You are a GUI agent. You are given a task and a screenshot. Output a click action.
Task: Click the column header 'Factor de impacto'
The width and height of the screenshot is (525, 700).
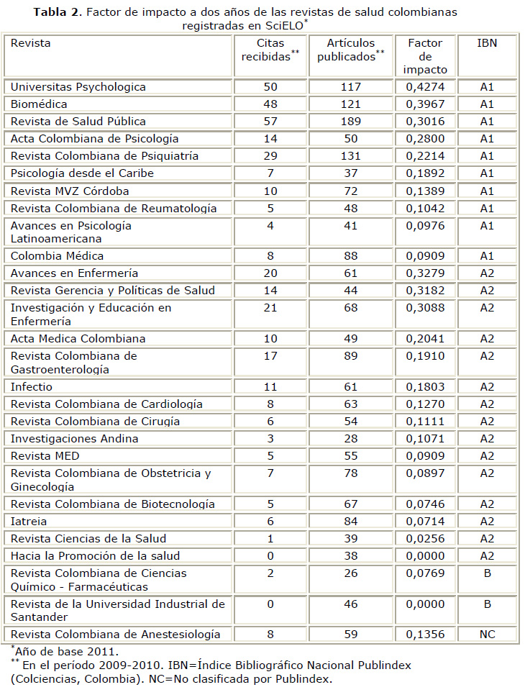tap(425, 56)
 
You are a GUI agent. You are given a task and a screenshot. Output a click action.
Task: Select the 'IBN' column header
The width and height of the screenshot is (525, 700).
tap(487, 43)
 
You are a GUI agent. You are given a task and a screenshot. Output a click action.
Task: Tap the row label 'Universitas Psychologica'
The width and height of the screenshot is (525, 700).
tap(78, 87)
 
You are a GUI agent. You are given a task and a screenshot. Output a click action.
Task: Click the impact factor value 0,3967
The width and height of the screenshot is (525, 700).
tap(425, 104)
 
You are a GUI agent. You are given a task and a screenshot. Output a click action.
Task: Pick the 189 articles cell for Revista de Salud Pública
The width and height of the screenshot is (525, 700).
tap(350, 122)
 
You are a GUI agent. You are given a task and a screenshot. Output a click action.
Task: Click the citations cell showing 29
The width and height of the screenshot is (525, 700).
tap(270, 156)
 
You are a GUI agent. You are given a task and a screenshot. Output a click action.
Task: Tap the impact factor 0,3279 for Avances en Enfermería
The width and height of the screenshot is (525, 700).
tap(425, 273)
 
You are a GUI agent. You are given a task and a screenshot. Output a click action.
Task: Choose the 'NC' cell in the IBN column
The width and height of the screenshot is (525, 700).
tap(487, 635)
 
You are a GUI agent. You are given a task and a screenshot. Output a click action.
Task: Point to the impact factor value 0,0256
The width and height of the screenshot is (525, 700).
tap(425, 539)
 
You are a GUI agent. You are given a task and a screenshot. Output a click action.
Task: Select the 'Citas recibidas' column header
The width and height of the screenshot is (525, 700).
tap(270, 50)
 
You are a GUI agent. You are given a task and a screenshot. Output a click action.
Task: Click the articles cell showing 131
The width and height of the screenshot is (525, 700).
tap(350, 156)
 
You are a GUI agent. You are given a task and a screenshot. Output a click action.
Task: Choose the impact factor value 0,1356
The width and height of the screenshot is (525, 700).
tap(425, 635)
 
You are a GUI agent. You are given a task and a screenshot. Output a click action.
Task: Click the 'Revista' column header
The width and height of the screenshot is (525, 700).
tap(30, 43)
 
